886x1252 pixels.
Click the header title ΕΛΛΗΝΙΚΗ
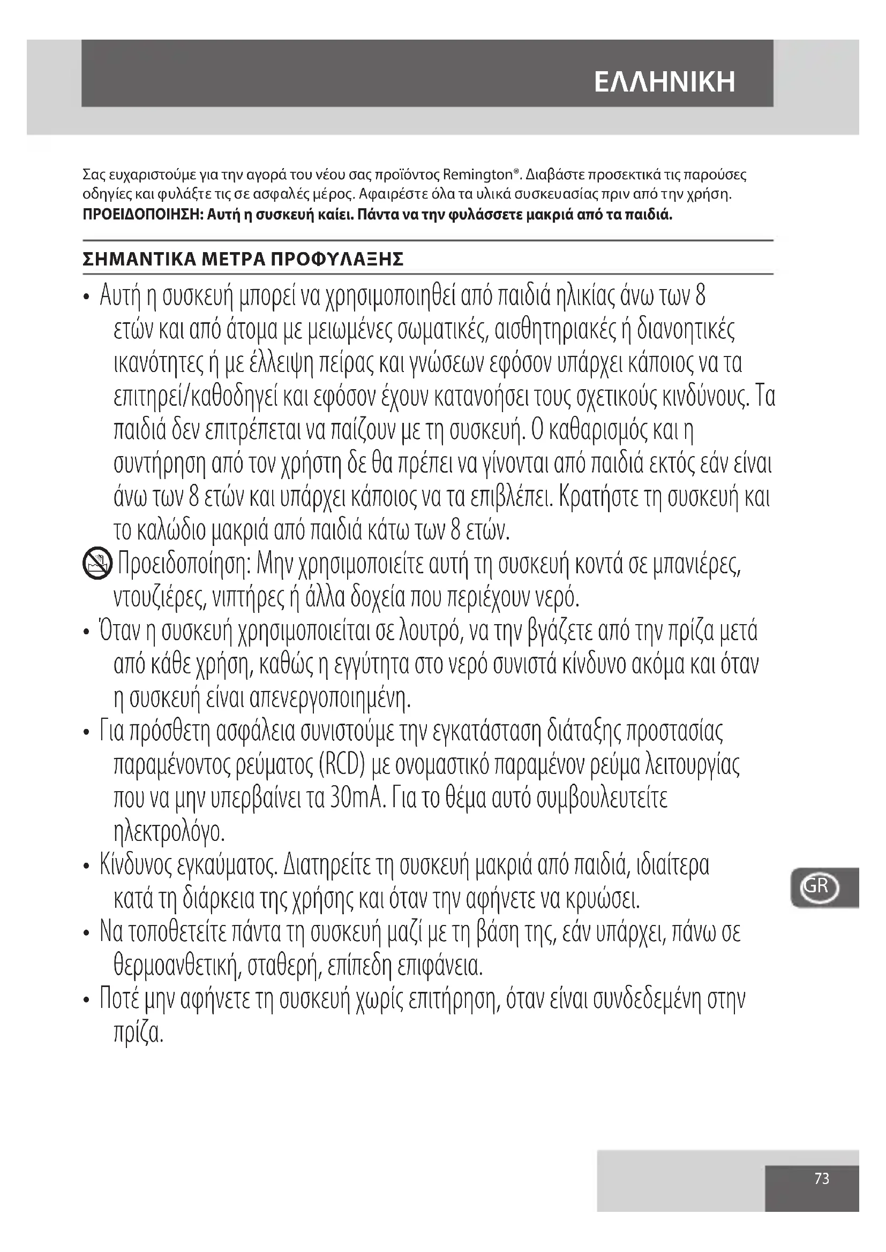point(664,82)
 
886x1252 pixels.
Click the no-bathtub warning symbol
point(97,564)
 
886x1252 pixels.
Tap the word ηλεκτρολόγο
point(169,832)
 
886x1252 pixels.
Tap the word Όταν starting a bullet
point(119,632)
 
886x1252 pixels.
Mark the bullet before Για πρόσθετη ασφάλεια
point(86,733)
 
